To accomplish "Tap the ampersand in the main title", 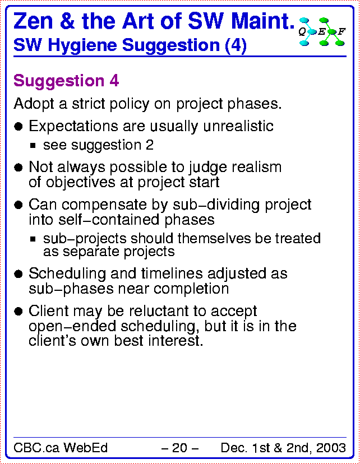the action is point(67,21).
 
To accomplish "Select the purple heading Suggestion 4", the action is point(66,81).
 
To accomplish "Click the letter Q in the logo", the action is point(302,31).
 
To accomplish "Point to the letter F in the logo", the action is point(341,31).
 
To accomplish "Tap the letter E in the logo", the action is point(321,31).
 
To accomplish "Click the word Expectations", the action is point(73,126).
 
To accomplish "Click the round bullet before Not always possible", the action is point(19,168).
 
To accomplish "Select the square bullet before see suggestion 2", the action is point(33,146).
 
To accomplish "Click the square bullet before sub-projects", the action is point(33,239).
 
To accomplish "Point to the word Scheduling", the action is point(67,273).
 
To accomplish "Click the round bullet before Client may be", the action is point(19,312).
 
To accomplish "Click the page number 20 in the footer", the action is point(179,448).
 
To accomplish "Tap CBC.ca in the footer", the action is point(36,448).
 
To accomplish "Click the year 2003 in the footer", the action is point(331,448).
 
